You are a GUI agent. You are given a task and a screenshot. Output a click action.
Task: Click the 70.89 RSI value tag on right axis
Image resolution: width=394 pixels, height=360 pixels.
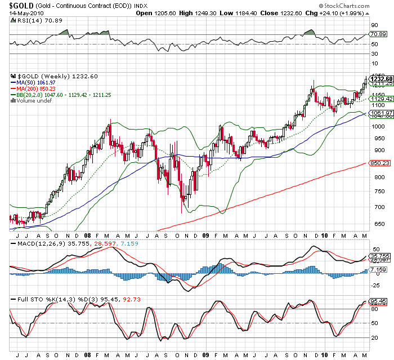pos(377,34)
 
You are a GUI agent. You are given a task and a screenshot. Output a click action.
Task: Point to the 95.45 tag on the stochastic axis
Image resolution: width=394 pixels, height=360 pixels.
pos(377,301)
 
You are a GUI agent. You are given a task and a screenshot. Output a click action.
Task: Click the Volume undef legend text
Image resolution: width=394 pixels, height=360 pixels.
pos(32,101)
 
